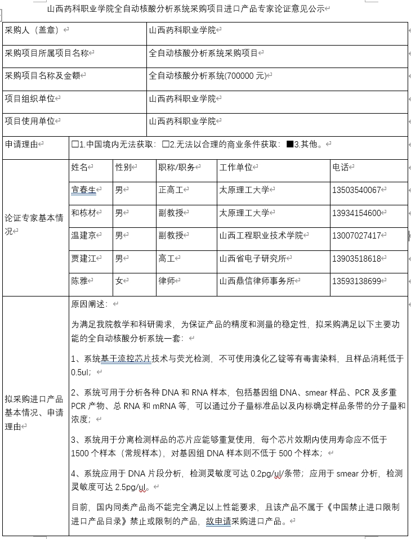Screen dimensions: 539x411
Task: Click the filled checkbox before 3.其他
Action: (290, 145)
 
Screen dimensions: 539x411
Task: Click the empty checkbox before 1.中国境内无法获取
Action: (75, 145)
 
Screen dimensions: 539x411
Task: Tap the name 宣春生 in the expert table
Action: (83, 190)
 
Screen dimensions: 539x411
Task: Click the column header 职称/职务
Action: (176, 167)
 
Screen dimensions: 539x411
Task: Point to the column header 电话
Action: (341, 167)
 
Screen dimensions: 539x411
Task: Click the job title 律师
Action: (167, 281)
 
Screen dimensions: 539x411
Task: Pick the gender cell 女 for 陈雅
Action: (119, 281)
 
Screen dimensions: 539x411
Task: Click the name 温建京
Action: (83, 236)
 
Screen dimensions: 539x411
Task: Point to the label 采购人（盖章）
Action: (33, 30)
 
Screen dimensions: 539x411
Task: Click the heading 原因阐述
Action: (88, 304)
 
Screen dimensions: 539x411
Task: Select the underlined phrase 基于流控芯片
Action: (126, 358)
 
